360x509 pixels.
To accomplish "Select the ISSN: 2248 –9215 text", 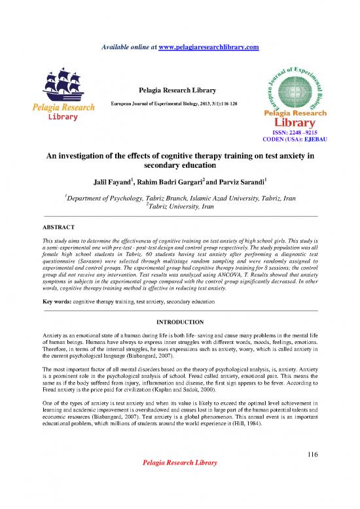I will point(298,132).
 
